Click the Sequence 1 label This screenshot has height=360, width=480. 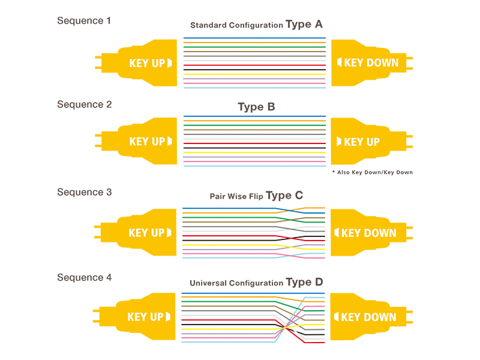click(83, 21)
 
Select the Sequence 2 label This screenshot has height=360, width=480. click(84, 104)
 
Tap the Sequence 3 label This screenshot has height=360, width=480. click(84, 192)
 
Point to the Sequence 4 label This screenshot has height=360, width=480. click(84, 278)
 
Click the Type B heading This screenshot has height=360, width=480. click(256, 107)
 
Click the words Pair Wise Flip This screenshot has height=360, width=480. click(236, 196)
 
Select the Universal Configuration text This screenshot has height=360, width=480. click(236, 283)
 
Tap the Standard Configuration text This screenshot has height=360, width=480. click(236, 25)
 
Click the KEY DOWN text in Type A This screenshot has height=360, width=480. click(371, 63)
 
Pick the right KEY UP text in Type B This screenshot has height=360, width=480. click(362, 142)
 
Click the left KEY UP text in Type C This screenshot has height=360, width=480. click(146, 233)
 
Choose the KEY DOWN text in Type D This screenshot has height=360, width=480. click(368, 317)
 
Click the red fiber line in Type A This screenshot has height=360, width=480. click(254, 65)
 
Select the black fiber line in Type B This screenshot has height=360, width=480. click(254, 148)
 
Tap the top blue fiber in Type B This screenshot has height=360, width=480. click(254, 116)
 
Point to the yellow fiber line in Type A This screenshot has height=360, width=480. click(254, 74)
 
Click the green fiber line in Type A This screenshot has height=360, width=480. click(254, 47)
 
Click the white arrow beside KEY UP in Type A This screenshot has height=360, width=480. click(170, 63)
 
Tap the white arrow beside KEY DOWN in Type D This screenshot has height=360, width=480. click(336, 317)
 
